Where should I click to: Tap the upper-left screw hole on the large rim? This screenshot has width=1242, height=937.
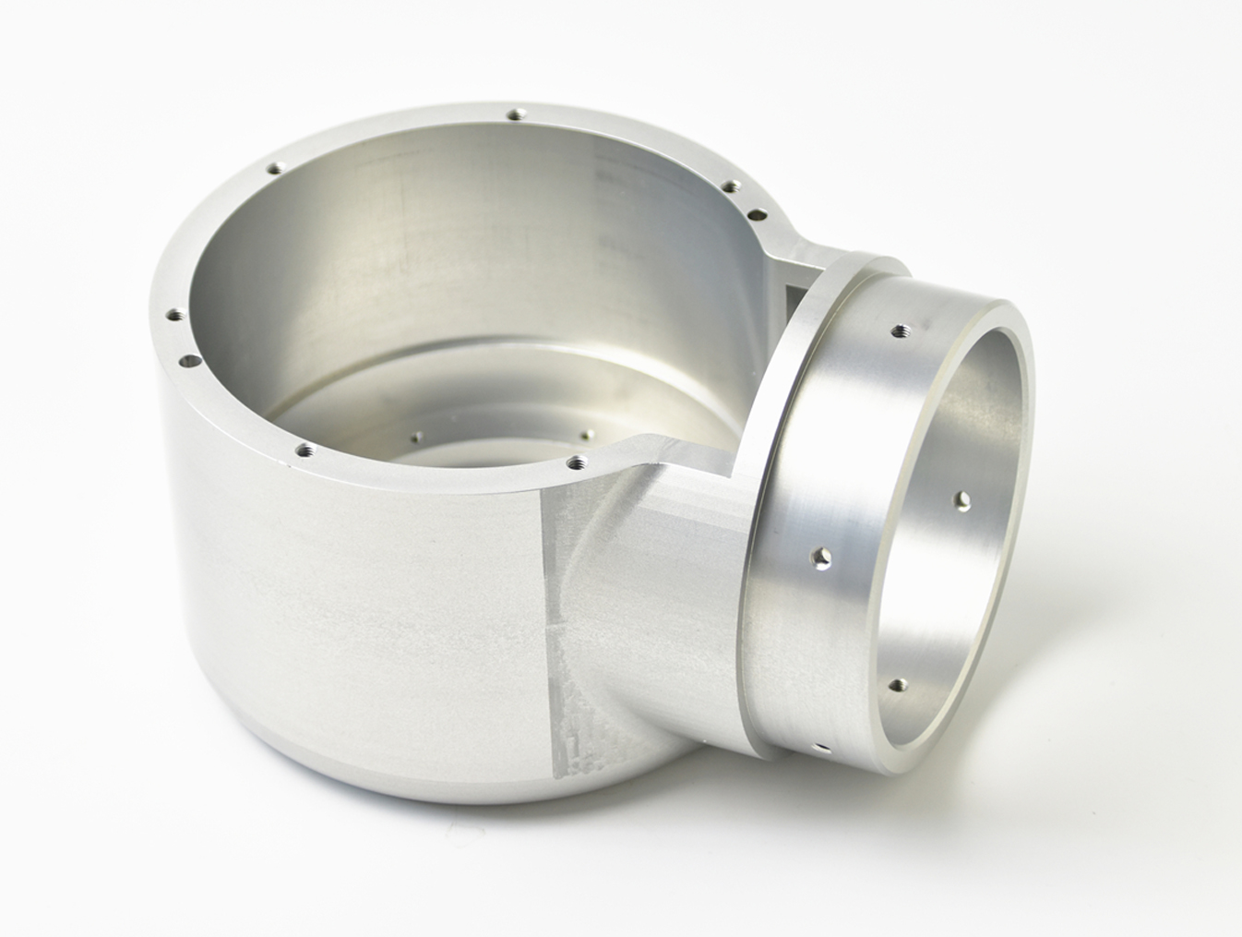[x=273, y=168]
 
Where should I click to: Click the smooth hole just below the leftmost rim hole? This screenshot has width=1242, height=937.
[x=189, y=360]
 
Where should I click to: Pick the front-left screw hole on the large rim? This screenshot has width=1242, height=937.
[x=304, y=451]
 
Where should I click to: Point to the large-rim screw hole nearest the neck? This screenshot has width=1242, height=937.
[x=578, y=459]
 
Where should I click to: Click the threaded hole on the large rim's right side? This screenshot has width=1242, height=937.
[x=730, y=186]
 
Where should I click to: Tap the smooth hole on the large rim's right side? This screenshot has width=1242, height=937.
[x=758, y=214]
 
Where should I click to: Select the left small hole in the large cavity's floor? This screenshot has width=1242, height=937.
[x=417, y=437]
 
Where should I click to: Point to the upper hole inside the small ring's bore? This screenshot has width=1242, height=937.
[x=963, y=500]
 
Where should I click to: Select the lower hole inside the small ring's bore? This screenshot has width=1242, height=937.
[x=898, y=685]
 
